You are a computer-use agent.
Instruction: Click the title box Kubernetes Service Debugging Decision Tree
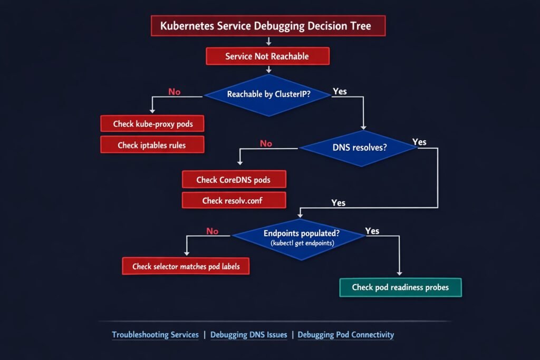point(268,26)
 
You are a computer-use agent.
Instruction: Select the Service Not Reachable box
point(267,56)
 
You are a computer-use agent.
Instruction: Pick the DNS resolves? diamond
point(359,148)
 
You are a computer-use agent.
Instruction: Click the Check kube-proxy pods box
point(152,124)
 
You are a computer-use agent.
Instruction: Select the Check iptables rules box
point(152,145)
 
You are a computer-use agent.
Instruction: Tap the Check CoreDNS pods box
point(234,180)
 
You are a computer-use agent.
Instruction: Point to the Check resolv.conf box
point(234,201)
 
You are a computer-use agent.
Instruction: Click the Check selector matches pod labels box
point(186,266)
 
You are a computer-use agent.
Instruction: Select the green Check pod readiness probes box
point(400,287)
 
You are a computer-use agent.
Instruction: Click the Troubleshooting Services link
point(156,335)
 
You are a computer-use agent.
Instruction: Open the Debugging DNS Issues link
point(249,335)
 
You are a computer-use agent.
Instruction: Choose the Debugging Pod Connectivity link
point(346,335)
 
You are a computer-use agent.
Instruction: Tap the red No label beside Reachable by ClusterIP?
point(174,92)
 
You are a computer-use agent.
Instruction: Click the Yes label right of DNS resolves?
point(419,142)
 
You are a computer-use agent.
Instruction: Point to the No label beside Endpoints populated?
point(212,231)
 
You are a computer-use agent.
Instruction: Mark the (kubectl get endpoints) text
point(298,243)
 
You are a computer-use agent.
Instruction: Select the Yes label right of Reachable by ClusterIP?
point(340,92)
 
